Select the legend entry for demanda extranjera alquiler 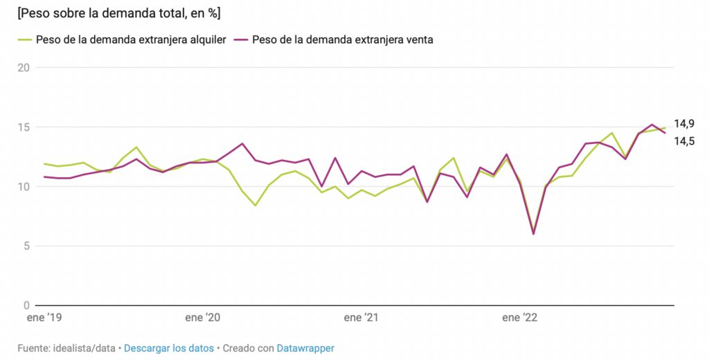[x=131, y=39]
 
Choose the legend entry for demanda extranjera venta [x=342, y=39]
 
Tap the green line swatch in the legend [x=25, y=39]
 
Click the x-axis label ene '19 [x=44, y=318]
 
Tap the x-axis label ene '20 [x=203, y=318]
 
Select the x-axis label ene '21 [x=362, y=318]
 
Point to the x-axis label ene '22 [x=520, y=318]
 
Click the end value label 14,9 [x=684, y=124]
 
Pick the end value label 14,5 [x=684, y=141]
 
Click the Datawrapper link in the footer [x=305, y=348]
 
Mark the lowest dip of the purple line [x=533, y=234]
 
